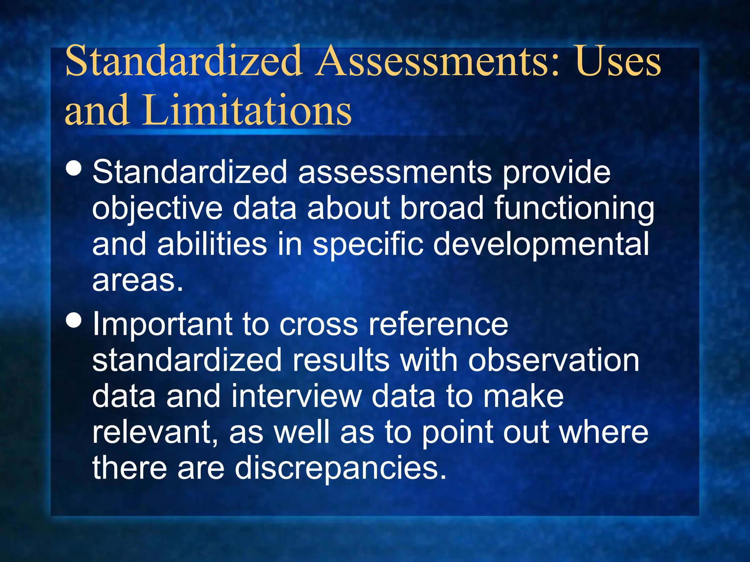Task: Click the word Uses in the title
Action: [x=618, y=61]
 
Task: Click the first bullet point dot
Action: [x=74, y=169]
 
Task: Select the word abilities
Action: [x=212, y=244]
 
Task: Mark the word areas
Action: [x=137, y=281]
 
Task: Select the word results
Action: [x=341, y=360]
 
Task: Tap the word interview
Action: [x=296, y=396]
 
